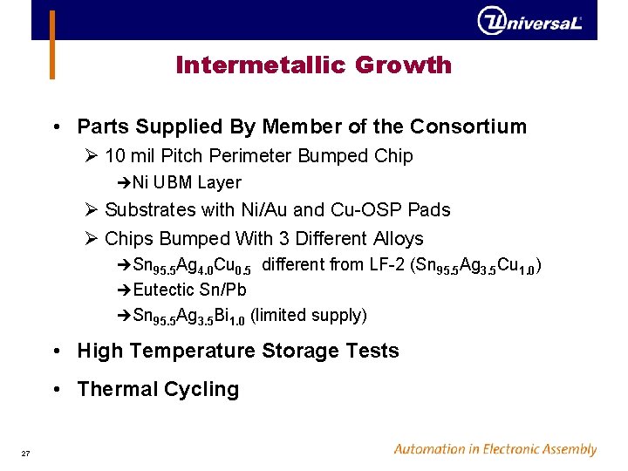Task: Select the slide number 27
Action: coord(25,452)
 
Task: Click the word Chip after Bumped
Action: coord(393,156)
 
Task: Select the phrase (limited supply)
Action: coord(308,315)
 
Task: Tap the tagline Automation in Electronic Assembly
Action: coord(495,450)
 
